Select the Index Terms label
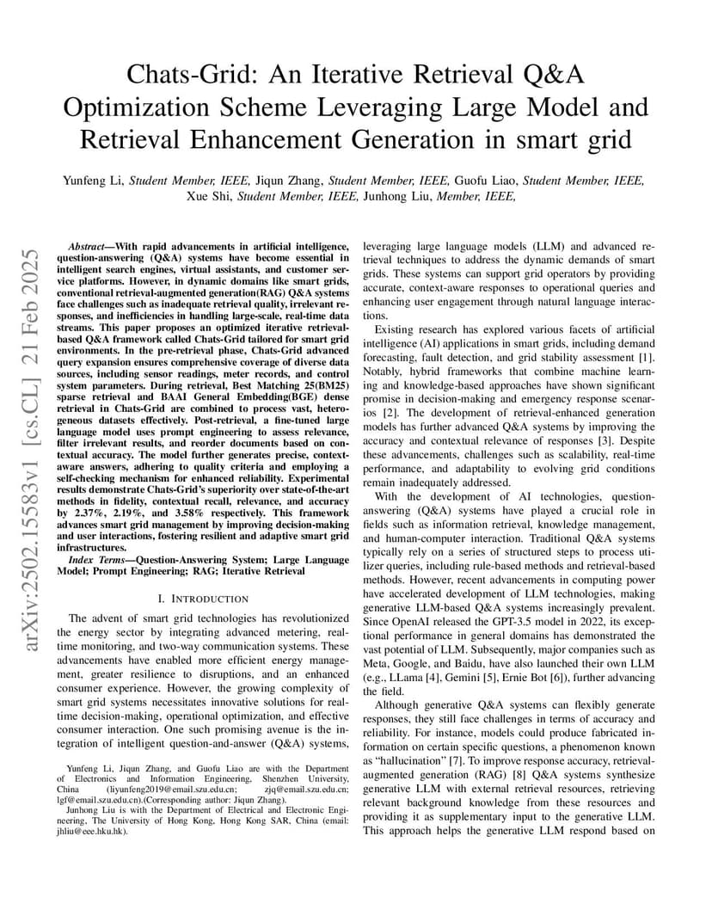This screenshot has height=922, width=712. [x=93, y=558]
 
